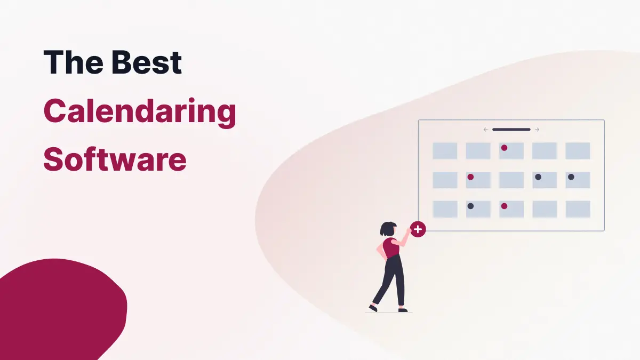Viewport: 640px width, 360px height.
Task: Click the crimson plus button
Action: click(x=418, y=229)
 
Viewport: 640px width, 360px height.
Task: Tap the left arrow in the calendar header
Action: click(x=485, y=130)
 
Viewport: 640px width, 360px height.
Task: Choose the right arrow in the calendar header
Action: click(x=537, y=130)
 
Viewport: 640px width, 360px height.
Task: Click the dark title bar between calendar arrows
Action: click(x=511, y=130)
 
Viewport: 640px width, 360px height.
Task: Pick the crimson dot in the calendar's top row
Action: click(x=504, y=148)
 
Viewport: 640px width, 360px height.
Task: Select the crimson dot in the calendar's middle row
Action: click(x=470, y=177)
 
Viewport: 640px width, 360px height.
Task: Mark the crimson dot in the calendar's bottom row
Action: click(x=504, y=206)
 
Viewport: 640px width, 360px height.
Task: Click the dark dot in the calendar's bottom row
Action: click(x=470, y=206)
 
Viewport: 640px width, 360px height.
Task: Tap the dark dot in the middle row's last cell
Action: click(x=571, y=177)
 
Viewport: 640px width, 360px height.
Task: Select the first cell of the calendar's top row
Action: click(x=444, y=150)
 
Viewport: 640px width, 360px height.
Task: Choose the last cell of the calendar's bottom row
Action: click(x=578, y=209)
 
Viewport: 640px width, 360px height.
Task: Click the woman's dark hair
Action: click(x=386, y=229)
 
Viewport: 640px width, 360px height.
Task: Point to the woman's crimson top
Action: click(x=392, y=248)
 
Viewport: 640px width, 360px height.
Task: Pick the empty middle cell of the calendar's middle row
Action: click(x=511, y=180)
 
